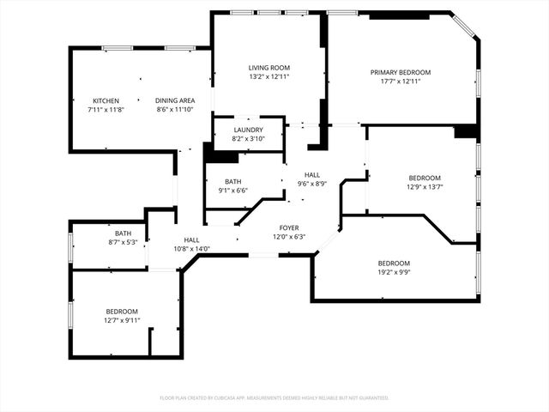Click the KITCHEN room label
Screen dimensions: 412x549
tap(106, 100)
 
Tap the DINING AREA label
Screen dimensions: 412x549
tap(175, 100)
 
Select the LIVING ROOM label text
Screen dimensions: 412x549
tap(269, 67)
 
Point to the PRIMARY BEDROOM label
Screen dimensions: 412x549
tap(401, 72)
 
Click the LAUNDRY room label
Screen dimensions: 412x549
tap(248, 129)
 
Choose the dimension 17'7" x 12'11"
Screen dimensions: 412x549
tap(401, 82)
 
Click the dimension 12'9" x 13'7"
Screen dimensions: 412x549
tap(424, 187)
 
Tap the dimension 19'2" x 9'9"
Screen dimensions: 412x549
tap(394, 272)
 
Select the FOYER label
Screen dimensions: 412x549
tap(289, 227)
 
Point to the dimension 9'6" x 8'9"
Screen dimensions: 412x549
tap(312, 183)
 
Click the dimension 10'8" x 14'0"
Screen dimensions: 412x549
tap(191, 249)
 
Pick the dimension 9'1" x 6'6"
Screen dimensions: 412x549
tap(232, 191)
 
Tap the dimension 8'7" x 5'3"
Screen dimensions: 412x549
tap(124, 243)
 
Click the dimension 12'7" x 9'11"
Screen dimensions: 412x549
tap(121, 320)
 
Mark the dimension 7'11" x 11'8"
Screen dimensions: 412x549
tap(106, 110)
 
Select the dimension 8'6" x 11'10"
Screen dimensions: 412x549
tap(175, 110)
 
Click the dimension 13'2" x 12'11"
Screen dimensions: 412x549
tap(269, 76)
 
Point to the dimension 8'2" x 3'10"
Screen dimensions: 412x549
tap(248, 138)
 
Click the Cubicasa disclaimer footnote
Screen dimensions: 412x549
tap(274, 398)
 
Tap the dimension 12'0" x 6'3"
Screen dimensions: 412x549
tap(289, 237)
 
